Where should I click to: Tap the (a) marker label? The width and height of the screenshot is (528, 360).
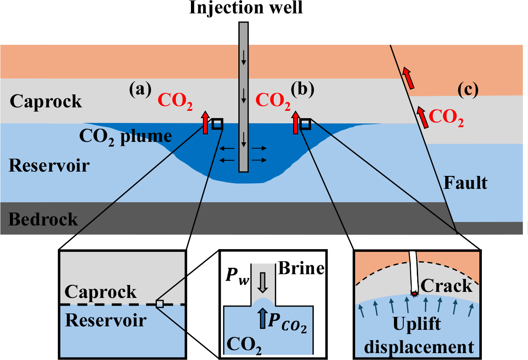coord(140,89)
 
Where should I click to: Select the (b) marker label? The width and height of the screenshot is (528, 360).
coord(303,89)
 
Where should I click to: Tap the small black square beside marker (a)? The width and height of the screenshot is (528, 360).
coord(217,124)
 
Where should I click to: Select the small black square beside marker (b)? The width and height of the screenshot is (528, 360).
coord(306,124)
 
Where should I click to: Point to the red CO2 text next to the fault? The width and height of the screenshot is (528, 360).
coord(447,117)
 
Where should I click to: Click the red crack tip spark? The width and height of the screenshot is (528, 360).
coord(415,294)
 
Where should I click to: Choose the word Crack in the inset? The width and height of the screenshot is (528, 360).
coord(446,285)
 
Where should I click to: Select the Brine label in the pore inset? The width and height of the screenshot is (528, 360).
coord(301,268)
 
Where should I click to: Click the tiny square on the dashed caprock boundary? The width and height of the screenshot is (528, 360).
coord(159,304)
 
